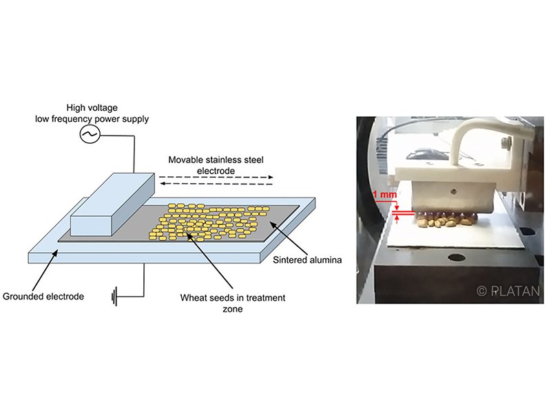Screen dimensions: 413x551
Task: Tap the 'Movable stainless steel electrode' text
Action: pyautogui.click(x=216, y=165)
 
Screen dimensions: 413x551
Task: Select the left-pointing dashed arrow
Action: pyautogui.click(x=216, y=184)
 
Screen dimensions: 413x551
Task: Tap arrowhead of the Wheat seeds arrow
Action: pyautogui.click(x=188, y=234)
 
